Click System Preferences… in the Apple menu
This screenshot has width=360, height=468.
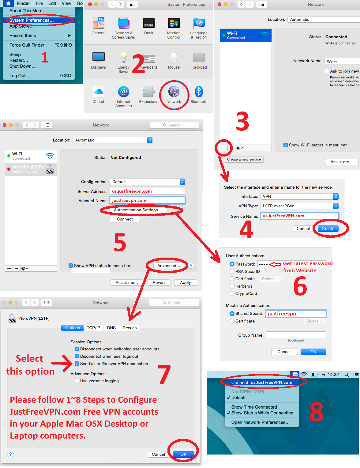[x=32, y=20]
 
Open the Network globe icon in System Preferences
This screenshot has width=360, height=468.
[x=174, y=92]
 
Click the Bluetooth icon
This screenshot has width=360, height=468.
[x=199, y=92]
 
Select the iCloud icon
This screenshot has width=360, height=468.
[x=98, y=92]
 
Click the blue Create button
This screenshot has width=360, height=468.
[x=328, y=228]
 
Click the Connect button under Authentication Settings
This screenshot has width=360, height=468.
[x=125, y=219]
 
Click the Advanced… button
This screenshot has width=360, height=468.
[x=168, y=266]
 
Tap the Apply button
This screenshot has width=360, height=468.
[x=185, y=282]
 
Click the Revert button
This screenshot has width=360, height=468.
[x=159, y=282]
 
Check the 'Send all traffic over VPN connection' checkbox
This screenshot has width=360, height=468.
[x=77, y=364]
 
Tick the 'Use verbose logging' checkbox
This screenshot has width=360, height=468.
[x=77, y=381]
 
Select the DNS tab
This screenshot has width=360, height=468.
[x=111, y=328]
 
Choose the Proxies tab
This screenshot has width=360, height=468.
[x=129, y=328]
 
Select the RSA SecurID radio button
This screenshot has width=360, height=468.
[x=232, y=271]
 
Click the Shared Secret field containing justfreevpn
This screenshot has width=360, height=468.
[x=296, y=314]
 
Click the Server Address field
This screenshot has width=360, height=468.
[x=147, y=191]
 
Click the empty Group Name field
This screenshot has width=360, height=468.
[x=296, y=335]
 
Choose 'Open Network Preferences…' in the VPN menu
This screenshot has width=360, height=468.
[x=261, y=422]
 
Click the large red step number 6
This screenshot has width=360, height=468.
[x=300, y=286]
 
